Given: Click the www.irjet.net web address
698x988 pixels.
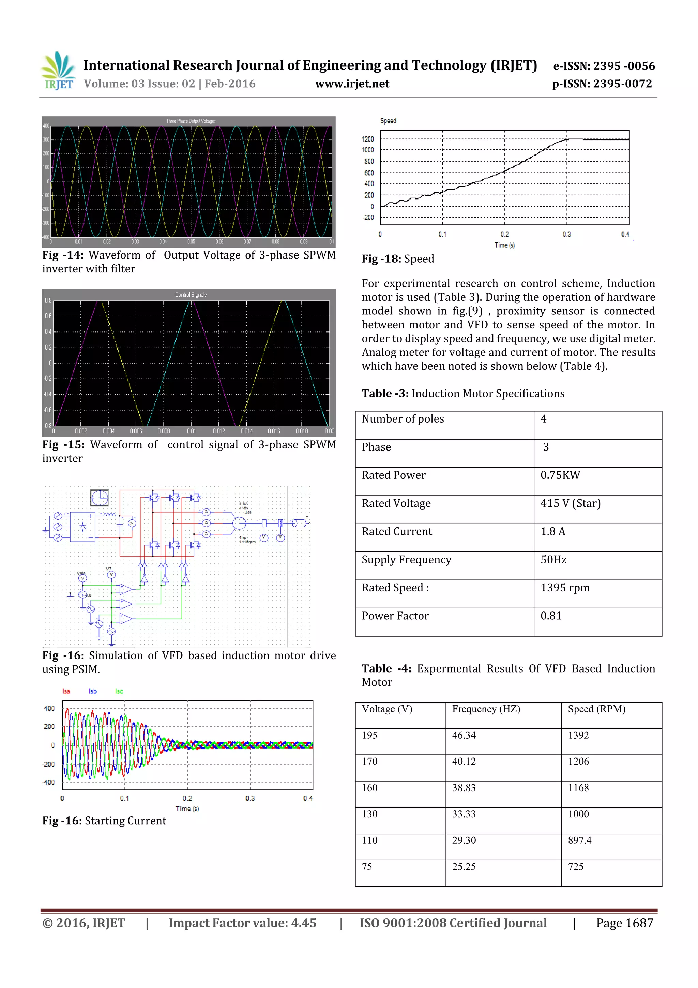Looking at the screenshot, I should point(352,84).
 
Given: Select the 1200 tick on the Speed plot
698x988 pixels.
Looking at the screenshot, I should point(367,139).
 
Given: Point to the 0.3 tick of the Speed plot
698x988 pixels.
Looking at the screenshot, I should point(566,234).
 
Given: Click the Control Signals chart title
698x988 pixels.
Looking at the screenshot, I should point(191,295).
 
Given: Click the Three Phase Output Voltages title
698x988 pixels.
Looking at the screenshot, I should point(191,121).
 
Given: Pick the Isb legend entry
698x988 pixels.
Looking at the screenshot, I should point(92,691).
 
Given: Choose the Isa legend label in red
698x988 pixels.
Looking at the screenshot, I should point(66,691).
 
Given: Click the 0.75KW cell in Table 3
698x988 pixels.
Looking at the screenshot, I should point(560,475).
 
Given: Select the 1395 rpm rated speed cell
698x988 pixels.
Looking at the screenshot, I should point(565,588).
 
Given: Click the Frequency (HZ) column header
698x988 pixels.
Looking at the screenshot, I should point(486,709).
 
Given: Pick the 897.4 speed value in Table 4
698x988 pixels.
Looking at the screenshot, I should point(579,840).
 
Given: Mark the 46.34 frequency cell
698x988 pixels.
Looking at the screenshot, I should point(464,735).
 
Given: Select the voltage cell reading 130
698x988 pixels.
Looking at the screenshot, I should point(369,814).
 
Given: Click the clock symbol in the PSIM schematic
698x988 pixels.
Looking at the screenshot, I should point(99,498).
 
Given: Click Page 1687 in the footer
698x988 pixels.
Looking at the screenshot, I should point(624,923).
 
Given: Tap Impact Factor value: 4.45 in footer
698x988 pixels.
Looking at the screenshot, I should point(242,923).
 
